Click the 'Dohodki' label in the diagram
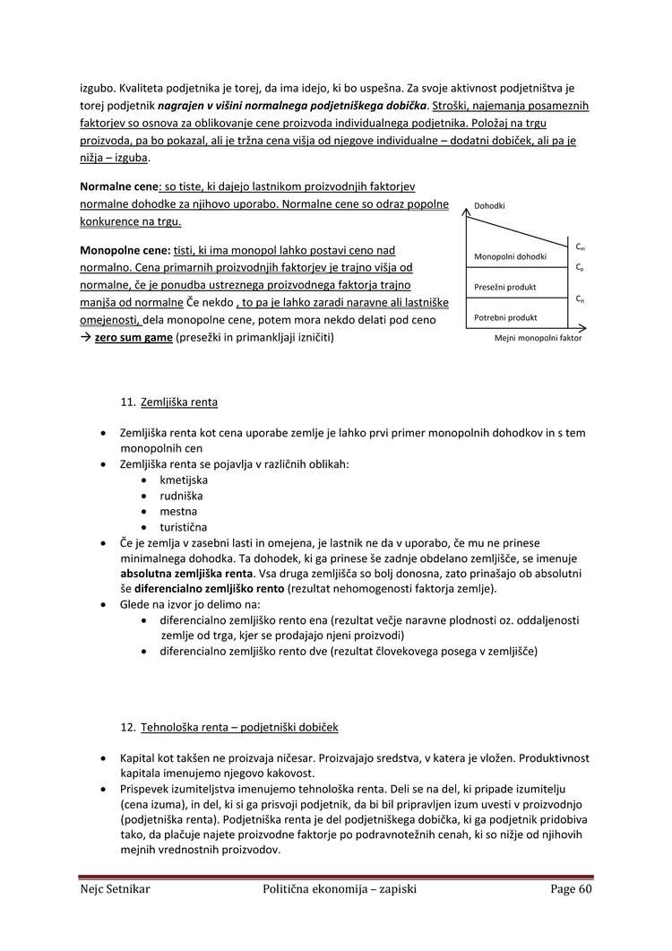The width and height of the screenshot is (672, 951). pyautogui.click(x=489, y=205)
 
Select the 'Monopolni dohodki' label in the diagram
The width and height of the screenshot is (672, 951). pyautogui.click(x=509, y=257)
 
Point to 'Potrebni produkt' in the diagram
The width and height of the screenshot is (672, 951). pyautogui.click(x=505, y=317)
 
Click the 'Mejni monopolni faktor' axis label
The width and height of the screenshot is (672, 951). pyautogui.click(x=538, y=340)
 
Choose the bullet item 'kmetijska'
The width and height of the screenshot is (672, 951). pyautogui.click(x=184, y=480)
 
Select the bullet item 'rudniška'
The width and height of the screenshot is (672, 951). pyautogui.click(x=181, y=496)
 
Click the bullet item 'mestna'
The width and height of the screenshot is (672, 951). pyautogui.click(x=177, y=511)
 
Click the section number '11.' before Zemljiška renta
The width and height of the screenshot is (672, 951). pyautogui.click(x=127, y=402)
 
